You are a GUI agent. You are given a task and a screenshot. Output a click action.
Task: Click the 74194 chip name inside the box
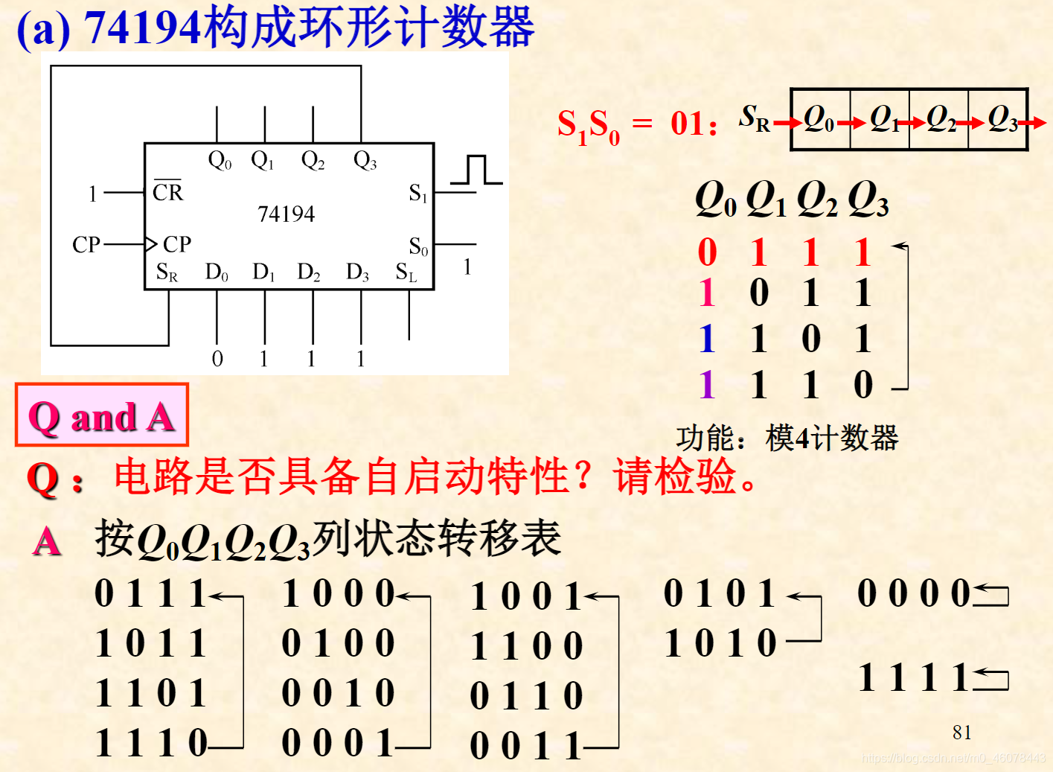[x=286, y=214]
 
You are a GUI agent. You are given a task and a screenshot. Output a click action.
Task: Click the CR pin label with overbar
[x=167, y=191]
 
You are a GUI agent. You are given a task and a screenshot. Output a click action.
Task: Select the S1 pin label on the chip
[x=417, y=194]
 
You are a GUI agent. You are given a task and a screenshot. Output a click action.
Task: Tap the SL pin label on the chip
[x=406, y=272]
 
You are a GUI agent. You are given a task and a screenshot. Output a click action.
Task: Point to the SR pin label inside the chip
[x=167, y=272]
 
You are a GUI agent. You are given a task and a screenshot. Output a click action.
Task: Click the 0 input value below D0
[x=217, y=359]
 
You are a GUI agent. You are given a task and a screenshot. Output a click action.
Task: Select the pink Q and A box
[x=102, y=415]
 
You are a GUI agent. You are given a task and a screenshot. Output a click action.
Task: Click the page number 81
[x=961, y=733]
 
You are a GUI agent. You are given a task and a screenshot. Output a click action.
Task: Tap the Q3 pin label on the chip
[x=365, y=160]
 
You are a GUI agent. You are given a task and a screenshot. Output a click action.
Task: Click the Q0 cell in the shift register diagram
[x=819, y=119]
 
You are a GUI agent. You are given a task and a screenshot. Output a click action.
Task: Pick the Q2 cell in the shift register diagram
[x=940, y=119]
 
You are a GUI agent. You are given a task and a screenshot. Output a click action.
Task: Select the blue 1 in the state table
[x=707, y=339]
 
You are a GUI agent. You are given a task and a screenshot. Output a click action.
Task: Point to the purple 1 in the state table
[x=707, y=385]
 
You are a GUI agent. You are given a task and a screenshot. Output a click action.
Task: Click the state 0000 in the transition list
[x=914, y=593]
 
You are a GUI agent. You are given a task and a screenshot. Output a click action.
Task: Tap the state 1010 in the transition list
[x=720, y=643]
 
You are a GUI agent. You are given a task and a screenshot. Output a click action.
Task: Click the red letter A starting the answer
[x=47, y=541]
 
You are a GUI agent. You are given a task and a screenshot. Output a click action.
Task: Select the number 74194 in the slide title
[x=142, y=28]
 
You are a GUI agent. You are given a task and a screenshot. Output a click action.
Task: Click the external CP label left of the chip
[x=86, y=244]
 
